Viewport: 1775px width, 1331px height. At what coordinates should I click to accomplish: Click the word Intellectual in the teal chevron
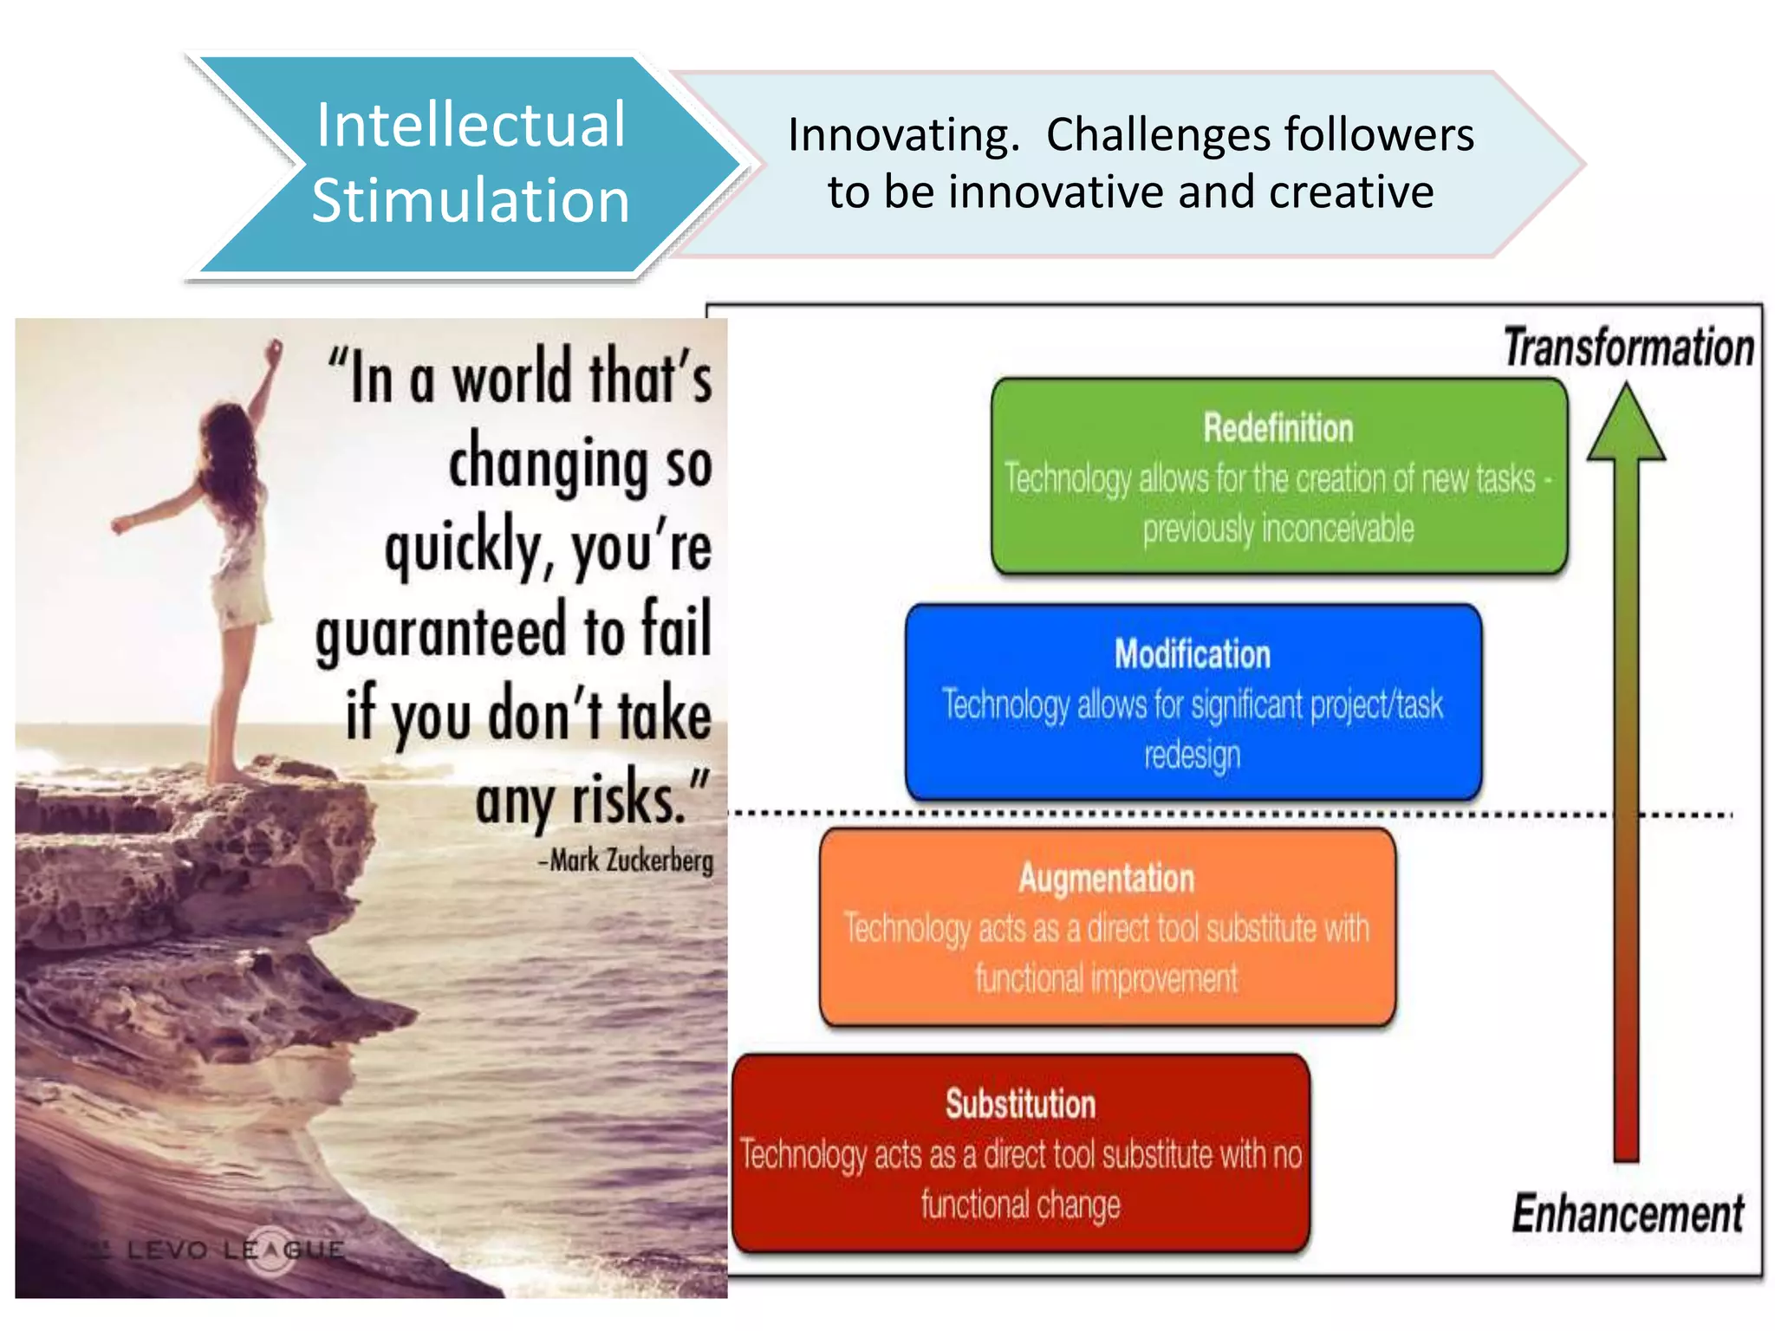pos(470,126)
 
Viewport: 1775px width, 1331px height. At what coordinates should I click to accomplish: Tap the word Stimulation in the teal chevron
pos(470,201)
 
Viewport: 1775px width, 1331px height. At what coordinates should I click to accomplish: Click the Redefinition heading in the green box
pos(1278,428)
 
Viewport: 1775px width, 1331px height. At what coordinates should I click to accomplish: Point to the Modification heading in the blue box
pos(1193,654)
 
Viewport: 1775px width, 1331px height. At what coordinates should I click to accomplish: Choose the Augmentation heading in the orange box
pos(1107,879)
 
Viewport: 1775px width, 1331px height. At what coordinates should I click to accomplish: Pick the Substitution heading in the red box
pos(1020,1104)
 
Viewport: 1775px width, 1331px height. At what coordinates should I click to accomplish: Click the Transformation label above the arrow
pos(1629,348)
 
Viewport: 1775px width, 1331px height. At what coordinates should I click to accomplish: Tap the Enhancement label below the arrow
pos(1628,1213)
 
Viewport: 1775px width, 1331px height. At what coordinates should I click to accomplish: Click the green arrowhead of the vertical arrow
pos(1626,426)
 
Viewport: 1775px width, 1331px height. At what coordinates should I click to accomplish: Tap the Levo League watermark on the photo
pos(234,1250)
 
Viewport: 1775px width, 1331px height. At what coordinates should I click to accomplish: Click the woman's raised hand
pos(275,350)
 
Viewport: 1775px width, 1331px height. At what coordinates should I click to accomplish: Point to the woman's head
pos(227,426)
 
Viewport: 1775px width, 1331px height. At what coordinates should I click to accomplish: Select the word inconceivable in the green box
pos(1338,529)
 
